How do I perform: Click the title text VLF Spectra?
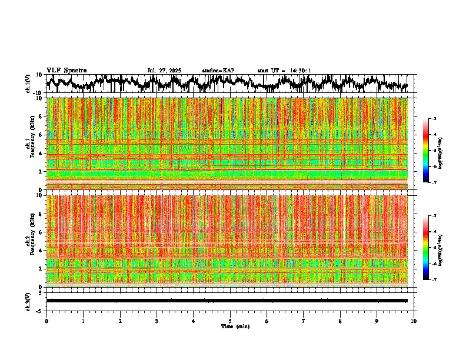(66, 70)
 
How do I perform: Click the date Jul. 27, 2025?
(164, 71)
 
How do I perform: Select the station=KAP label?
(218, 71)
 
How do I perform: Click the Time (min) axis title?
(235, 326)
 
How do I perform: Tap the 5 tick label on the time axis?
(230, 321)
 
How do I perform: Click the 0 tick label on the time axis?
(46, 321)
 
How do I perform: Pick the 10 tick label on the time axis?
(414, 321)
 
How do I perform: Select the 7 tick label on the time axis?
(304, 321)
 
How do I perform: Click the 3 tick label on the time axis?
(157, 321)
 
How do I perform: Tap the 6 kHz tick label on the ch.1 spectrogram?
(41, 135)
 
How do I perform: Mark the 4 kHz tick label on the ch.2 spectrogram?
(41, 251)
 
